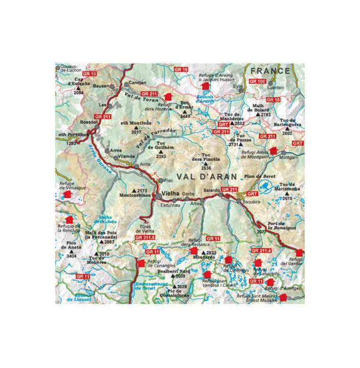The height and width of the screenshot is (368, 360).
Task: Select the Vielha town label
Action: pos(170,195)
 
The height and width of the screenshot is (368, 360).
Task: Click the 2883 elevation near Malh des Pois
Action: pos(109,242)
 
